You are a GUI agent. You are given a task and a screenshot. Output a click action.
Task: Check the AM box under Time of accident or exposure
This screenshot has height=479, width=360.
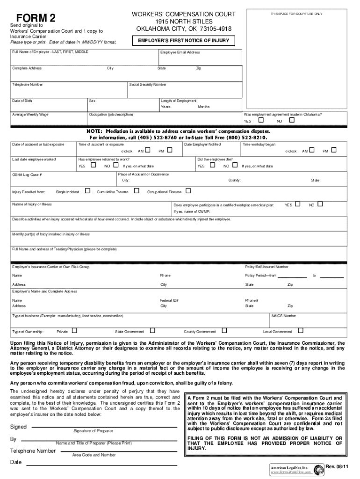click(147, 150)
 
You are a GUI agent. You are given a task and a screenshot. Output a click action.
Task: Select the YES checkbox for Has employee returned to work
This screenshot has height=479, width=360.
click(93, 165)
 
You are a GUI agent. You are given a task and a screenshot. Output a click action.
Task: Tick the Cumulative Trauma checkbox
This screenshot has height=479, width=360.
click(137, 190)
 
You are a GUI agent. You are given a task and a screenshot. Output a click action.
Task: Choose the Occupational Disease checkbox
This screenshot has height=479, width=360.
click(188, 190)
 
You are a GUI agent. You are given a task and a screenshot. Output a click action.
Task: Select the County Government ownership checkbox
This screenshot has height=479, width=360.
click(224, 330)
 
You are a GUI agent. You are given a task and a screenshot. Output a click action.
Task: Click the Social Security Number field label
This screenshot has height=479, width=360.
click(148, 85)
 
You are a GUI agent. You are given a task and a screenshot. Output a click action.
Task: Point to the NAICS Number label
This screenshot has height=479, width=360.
click(284, 316)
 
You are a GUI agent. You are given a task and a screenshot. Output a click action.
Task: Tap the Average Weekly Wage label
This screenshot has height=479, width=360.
click(30, 114)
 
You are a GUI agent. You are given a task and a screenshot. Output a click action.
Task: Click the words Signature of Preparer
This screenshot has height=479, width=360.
click(93, 430)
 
